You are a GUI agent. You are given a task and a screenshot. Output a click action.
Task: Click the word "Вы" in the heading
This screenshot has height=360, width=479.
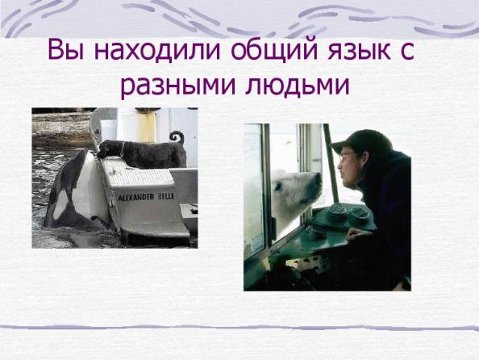[65, 50]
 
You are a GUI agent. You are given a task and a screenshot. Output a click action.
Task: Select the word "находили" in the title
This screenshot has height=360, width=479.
[156, 50]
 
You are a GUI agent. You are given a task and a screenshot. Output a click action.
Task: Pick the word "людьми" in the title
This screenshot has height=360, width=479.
[298, 86]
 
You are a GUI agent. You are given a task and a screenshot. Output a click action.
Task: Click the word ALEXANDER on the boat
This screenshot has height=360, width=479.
[136, 197]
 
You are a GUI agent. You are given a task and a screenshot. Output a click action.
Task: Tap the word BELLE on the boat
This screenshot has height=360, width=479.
[165, 196]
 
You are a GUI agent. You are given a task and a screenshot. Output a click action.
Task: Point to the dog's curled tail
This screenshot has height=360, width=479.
[177, 136]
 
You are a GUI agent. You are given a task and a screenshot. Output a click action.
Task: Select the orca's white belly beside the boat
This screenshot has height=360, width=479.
[89, 183]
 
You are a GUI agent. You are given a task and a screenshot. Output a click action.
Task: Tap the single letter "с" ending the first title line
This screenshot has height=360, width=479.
[406, 52]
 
